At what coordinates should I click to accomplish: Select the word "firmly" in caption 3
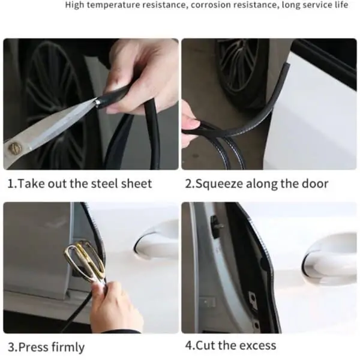tap(68, 347)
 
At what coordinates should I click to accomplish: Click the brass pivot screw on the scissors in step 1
tap(13, 148)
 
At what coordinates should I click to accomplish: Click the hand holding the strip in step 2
tap(190, 124)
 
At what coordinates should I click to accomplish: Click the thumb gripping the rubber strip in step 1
tap(119, 104)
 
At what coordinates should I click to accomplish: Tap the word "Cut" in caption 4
tap(205, 346)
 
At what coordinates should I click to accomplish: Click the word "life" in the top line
tap(341, 5)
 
